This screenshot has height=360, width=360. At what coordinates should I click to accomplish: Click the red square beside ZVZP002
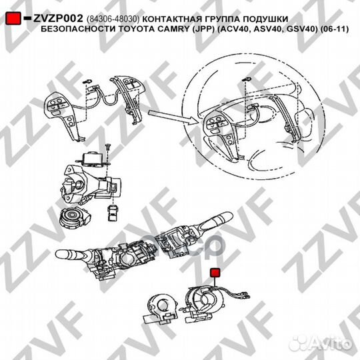pos(11,19)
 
